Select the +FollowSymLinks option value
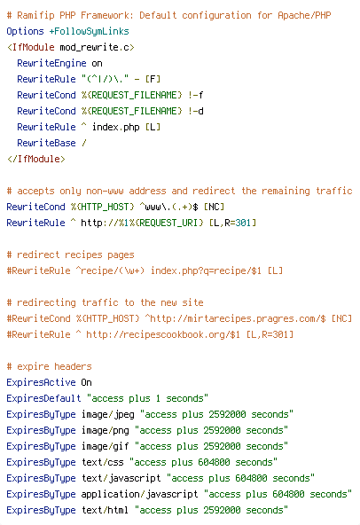point(89,31)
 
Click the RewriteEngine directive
point(51,64)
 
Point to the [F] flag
point(153,79)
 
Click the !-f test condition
point(196,96)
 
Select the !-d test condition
point(196,111)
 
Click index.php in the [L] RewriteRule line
point(116,127)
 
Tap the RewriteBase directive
point(46,144)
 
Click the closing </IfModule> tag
point(35,159)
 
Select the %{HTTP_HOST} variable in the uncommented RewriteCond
point(103,207)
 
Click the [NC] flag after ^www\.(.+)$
point(214,207)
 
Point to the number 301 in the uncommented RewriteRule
point(243,223)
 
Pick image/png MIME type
point(106,430)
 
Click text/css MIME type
point(103,462)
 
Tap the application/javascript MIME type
point(139,494)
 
